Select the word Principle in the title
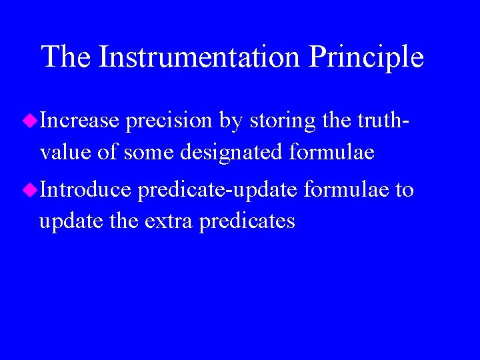pyautogui.click(x=366, y=58)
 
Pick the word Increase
pyautogui.click(x=79, y=121)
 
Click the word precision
pyautogui.click(x=169, y=122)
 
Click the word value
pyautogui.click(x=65, y=153)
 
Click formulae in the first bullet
pyautogui.click(x=332, y=153)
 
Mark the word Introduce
pyautogui.click(x=86, y=190)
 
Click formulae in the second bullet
pyautogui.click(x=346, y=190)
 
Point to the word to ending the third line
pyautogui.click(x=405, y=190)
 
